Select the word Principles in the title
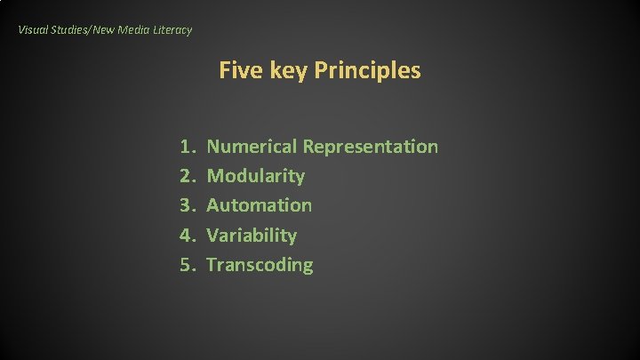pos(368,71)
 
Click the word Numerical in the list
pos(252,146)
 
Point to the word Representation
pos(371,147)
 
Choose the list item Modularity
pos(255,176)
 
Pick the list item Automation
pos(259,205)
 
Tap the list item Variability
pos(252,236)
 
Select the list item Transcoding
pos(260,265)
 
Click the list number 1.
pos(186,146)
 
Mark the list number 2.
pos(186,176)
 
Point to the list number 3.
pos(186,205)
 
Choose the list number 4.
pos(186,236)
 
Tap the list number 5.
pos(186,265)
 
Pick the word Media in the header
pos(135,30)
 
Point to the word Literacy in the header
pos(173,30)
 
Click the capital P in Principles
pos(321,70)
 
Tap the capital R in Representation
pos(308,146)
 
